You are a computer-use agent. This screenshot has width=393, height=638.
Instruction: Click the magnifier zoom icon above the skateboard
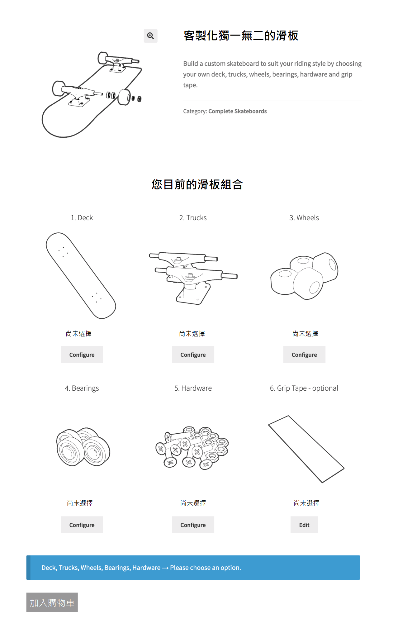tap(150, 36)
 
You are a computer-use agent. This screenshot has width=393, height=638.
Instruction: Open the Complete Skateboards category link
tap(238, 111)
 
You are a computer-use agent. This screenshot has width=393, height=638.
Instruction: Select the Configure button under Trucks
tap(193, 355)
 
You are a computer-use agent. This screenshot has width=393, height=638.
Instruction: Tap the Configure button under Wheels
tap(304, 355)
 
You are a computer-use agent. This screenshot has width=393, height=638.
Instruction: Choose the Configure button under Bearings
tap(82, 525)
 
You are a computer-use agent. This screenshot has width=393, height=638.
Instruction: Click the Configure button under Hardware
tap(193, 525)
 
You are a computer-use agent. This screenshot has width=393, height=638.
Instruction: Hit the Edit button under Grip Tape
tap(304, 525)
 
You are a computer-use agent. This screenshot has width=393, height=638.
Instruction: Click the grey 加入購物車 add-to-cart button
tap(52, 602)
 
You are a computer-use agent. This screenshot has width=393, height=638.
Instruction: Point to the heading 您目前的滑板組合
tap(197, 184)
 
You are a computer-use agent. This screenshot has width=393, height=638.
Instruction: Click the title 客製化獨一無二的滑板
tap(241, 36)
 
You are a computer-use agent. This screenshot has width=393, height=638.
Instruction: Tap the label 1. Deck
tap(82, 218)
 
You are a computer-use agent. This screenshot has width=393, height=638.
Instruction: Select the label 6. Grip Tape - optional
tap(304, 388)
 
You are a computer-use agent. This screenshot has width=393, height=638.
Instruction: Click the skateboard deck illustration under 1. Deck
tap(81, 276)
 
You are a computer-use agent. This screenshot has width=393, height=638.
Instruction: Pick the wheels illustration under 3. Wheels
tap(304, 276)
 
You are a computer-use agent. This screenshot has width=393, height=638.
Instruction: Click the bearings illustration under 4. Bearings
tap(83, 447)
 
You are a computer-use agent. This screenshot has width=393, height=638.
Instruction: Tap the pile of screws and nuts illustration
tap(192, 448)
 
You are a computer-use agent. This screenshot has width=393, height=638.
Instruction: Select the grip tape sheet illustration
tap(306, 449)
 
